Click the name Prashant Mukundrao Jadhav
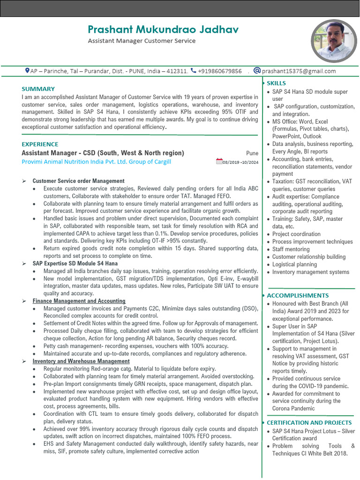pos(163,29)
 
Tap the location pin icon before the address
pos(27,71)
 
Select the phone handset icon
pos(194,71)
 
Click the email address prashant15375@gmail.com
pos(299,71)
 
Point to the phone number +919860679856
pos(220,71)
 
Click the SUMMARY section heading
pos(38,89)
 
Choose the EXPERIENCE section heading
pos(40,144)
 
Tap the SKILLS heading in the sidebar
pos(276,83)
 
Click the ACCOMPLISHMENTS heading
pos(298,295)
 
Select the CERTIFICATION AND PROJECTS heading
pos(309,422)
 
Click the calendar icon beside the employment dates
pos(219,162)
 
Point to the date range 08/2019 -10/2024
pos(241,162)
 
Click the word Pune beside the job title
pos(252,153)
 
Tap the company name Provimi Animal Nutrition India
pos(96,162)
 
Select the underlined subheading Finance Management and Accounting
pos(79,301)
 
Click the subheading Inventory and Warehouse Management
pos(81,361)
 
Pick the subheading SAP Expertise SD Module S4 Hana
pos(75,263)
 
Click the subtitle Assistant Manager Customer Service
pos(142,41)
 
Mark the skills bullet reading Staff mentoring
pos(291,249)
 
